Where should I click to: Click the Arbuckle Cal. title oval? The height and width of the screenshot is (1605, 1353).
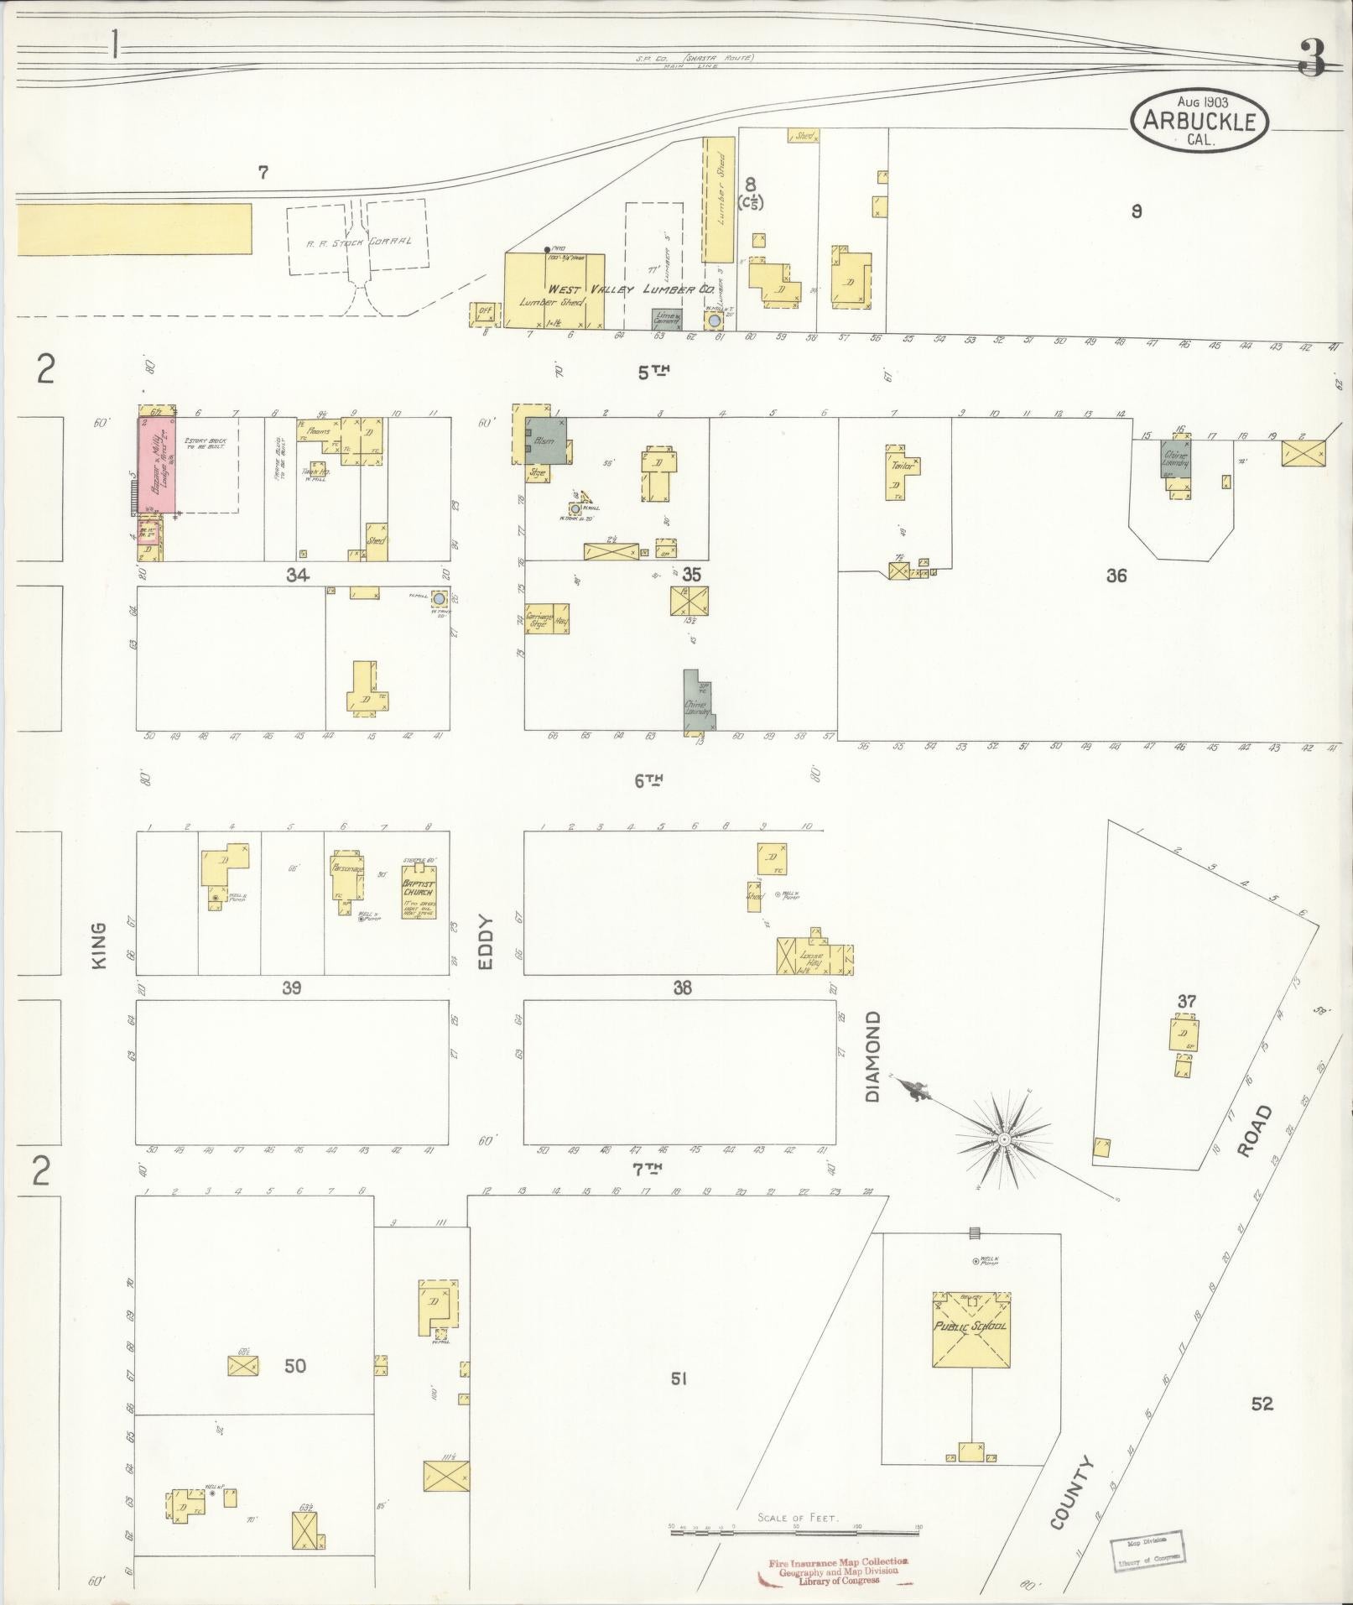click(x=1199, y=121)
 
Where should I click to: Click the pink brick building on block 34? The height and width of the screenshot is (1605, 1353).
click(x=157, y=466)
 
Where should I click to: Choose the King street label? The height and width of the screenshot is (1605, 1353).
click(x=100, y=946)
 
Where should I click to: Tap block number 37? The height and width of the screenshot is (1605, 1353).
click(x=1186, y=1001)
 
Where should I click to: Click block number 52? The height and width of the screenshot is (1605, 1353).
click(x=1262, y=1403)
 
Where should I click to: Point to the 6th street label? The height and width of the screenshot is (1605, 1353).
click(x=648, y=780)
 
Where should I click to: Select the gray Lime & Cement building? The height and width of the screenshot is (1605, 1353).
click(x=668, y=319)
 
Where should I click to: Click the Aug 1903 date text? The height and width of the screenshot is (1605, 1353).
click(x=1200, y=102)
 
